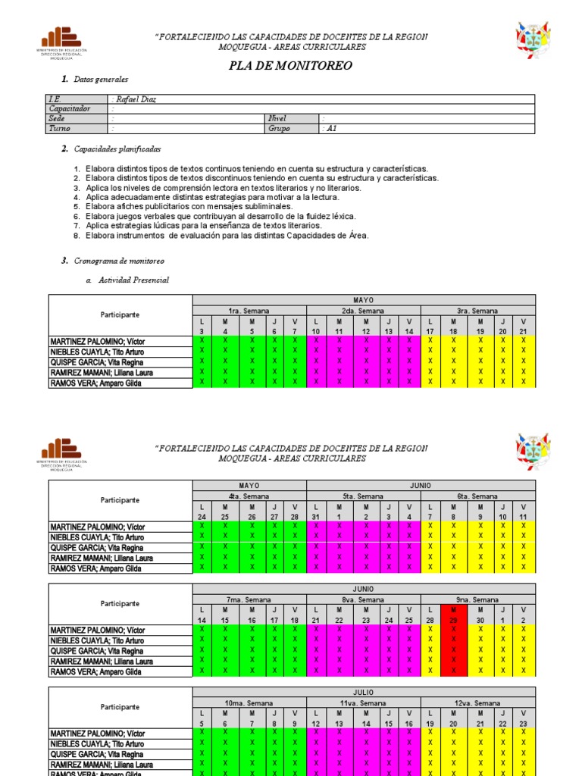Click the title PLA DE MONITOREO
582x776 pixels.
pos(291,66)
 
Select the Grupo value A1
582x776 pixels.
pos(329,129)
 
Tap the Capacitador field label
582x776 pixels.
pos(70,109)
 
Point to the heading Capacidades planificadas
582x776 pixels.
pos(117,149)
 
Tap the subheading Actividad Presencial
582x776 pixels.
pos(133,280)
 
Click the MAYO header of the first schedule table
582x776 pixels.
pos(364,300)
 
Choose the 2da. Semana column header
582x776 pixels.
pos(363,311)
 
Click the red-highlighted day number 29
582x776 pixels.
pos(453,621)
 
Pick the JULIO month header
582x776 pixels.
pos(364,693)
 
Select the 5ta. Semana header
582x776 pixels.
pos(363,496)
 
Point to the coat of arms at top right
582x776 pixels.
pos(533,41)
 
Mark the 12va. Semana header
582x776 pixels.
pos(477,703)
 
